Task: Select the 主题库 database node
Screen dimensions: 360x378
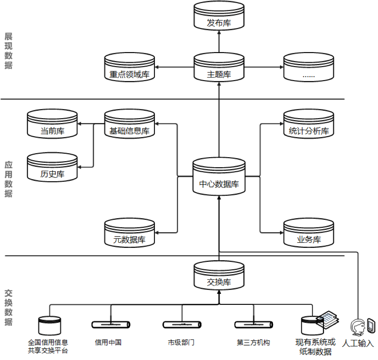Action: coord(219,68)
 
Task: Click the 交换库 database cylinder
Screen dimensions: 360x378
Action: coord(219,275)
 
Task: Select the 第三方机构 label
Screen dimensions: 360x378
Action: coord(253,342)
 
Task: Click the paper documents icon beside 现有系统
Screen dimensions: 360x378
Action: coord(328,320)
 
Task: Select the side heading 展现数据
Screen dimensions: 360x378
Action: coord(8,51)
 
